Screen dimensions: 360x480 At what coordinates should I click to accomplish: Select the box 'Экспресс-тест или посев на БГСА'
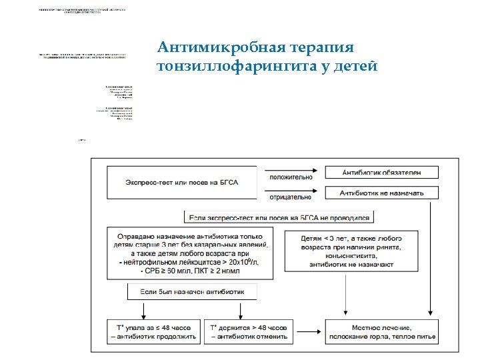181,181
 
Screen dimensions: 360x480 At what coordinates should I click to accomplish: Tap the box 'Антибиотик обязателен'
381,172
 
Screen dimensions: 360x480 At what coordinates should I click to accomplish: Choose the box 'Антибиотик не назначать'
381,193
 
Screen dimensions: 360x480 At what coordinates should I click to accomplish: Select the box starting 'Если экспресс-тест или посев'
279,217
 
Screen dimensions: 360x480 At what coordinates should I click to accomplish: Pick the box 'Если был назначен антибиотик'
192,291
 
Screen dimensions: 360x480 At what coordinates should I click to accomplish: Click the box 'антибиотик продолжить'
154,332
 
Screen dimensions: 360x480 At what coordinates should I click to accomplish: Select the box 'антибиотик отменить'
250,332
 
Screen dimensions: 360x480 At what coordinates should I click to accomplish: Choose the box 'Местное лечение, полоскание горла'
382,332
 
